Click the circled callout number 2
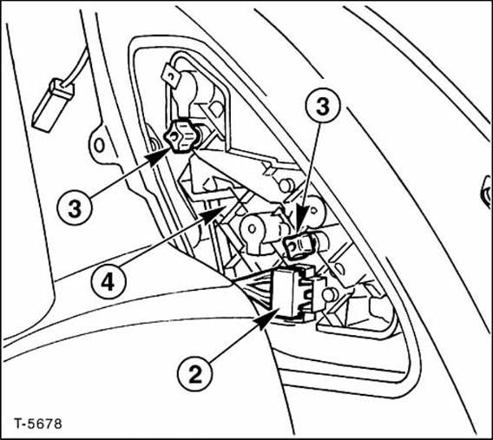point(195,374)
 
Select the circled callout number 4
point(108,282)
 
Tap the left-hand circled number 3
point(75,208)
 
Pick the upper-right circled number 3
point(323,106)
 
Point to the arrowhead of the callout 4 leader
point(214,214)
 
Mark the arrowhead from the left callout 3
point(160,156)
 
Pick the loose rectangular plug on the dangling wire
point(53,106)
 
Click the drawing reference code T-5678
point(38,424)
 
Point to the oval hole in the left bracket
point(99,146)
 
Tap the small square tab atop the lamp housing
point(171,77)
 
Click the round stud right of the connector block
point(330,294)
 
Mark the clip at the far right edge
point(486,192)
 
